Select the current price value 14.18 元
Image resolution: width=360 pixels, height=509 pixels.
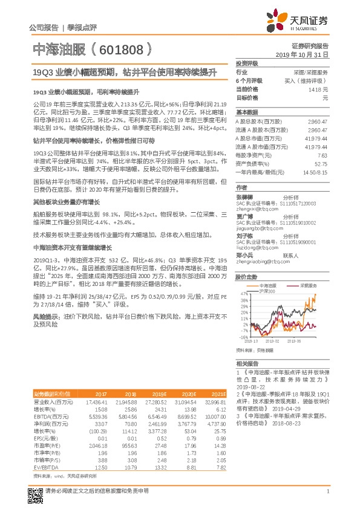coord(317,89)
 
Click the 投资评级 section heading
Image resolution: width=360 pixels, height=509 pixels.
coord(247,63)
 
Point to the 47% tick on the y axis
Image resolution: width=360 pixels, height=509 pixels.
coord(243,292)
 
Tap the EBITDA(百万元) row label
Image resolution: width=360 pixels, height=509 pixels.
coord(49,417)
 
